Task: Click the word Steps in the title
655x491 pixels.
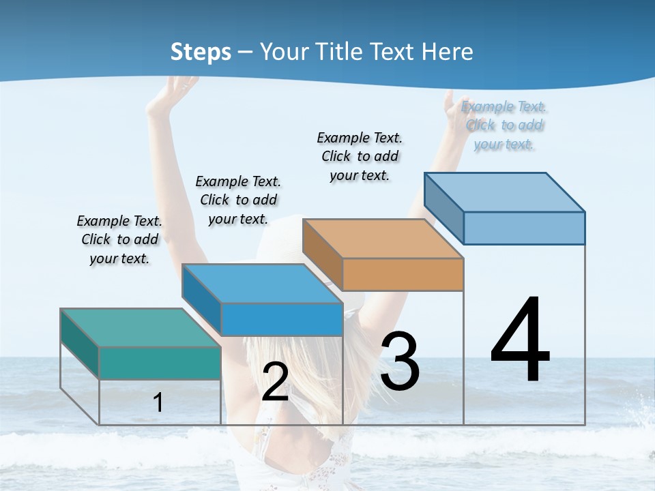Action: click(x=201, y=52)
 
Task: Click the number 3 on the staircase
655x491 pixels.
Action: click(x=400, y=361)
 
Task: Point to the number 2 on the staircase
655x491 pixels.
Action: click(x=275, y=382)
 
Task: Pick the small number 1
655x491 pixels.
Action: click(x=158, y=403)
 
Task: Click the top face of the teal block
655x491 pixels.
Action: click(x=140, y=328)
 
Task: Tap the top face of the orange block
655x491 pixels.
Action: click(x=382, y=239)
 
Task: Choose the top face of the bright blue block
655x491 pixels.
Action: click(x=262, y=284)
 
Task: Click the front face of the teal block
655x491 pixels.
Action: click(x=160, y=363)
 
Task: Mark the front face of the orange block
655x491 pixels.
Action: click(x=403, y=275)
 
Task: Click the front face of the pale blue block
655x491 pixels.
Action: click(x=524, y=228)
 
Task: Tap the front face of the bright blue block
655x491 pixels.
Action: click(x=282, y=319)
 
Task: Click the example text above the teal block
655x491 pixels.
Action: click(x=119, y=239)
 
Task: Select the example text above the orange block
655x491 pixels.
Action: click(x=360, y=156)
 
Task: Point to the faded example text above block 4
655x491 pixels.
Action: click(x=504, y=125)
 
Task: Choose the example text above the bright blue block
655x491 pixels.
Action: click(x=238, y=200)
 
